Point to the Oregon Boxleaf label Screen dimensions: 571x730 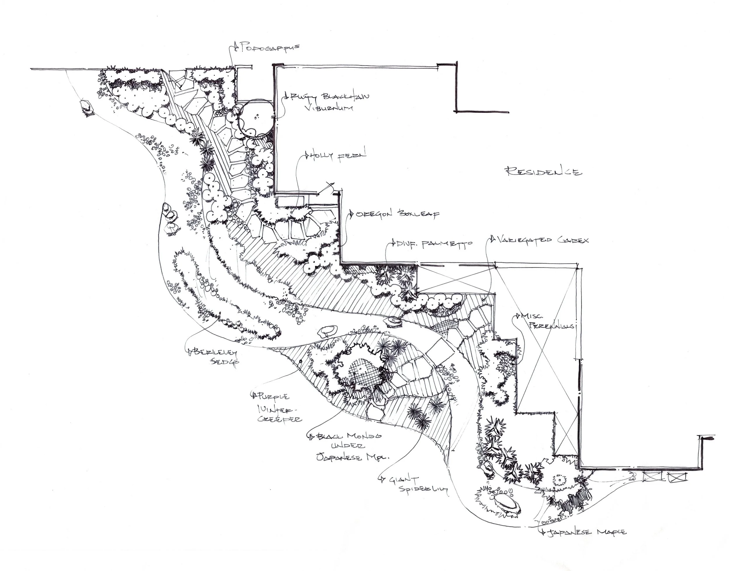click(397, 214)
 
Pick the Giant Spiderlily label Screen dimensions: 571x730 click(415, 484)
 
